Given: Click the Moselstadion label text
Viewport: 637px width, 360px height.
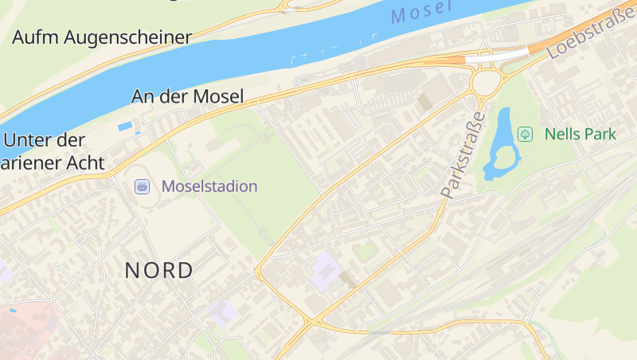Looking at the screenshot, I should [x=209, y=186].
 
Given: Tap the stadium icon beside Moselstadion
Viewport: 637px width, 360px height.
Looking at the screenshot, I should [x=143, y=186].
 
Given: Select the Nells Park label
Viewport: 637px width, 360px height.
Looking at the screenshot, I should [x=580, y=134].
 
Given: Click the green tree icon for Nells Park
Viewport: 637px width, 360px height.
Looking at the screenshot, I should [x=525, y=134].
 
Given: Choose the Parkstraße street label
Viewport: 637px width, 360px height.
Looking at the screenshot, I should [x=463, y=155].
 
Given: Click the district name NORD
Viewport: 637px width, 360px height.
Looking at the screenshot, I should [x=159, y=270].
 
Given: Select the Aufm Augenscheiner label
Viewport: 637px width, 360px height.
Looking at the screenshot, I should [x=103, y=37].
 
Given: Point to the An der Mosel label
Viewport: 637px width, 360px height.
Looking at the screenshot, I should [x=188, y=96].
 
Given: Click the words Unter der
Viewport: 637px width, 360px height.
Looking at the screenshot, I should [x=44, y=140].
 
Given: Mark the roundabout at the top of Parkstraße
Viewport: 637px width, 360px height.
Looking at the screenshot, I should [x=487, y=80].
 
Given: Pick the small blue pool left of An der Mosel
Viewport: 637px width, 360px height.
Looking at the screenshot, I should [x=125, y=126].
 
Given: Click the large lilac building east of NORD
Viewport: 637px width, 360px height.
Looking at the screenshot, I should [x=326, y=270].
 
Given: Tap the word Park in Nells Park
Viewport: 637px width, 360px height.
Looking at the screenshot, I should [x=598, y=134].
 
